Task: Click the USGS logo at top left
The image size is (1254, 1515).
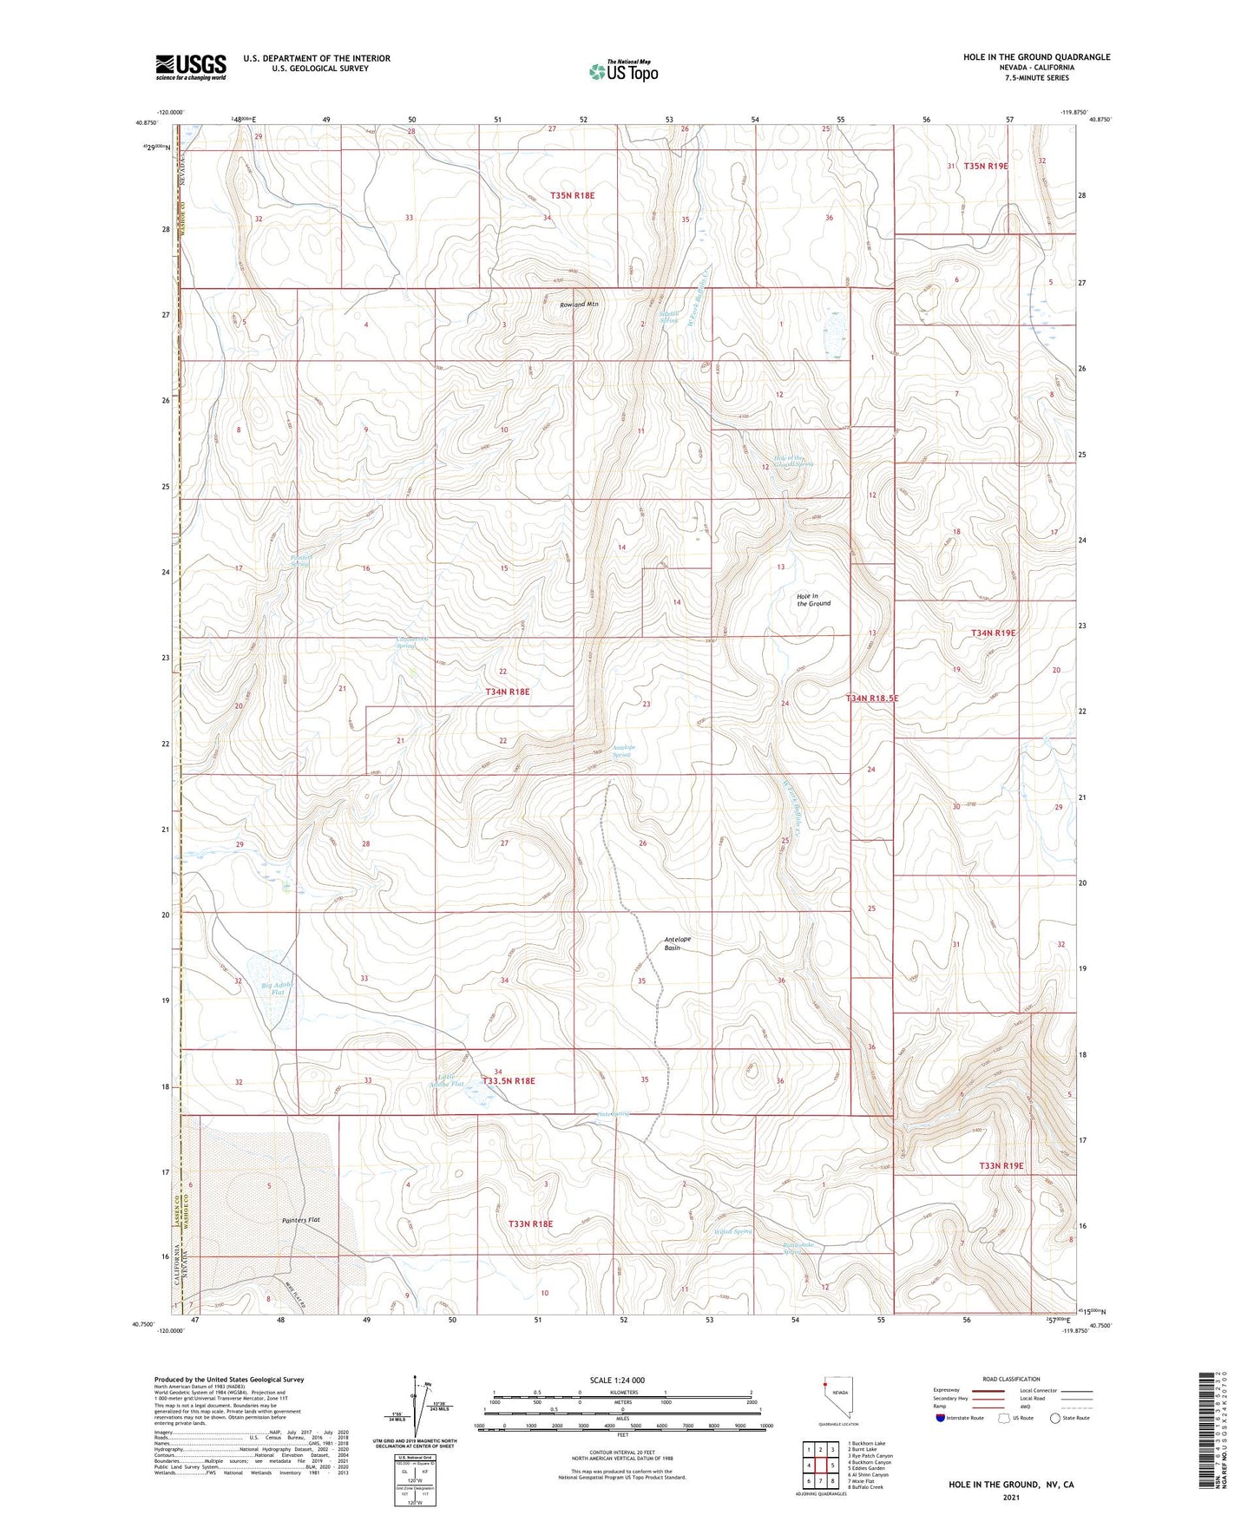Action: pos(191,66)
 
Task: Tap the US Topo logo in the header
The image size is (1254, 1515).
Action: pos(623,70)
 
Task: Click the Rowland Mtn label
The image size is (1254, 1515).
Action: pos(580,305)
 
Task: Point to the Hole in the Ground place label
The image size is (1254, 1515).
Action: pos(813,600)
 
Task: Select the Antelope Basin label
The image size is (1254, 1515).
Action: pos(684,943)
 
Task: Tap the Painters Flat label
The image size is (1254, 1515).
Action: pos(301,1221)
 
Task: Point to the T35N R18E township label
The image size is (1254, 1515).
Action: pos(572,196)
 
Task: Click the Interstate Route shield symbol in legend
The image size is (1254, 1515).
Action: pos(941,1418)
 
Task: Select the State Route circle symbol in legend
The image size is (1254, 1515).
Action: pos(1054,1418)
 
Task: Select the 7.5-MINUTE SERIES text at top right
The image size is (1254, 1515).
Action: pos(1036,78)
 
